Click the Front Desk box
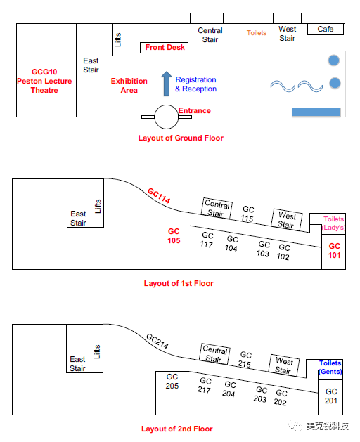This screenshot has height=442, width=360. [x=165, y=48]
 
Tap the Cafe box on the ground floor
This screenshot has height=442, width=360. [x=326, y=29]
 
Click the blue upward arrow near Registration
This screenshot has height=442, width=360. [x=167, y=84]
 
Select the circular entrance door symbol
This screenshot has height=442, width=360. [x=167, y=117]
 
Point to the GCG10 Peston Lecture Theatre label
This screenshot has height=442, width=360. [x=44, y=81]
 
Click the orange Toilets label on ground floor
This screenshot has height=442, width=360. [x=257, y=33]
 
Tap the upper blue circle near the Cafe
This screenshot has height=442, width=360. [x=334, y=60]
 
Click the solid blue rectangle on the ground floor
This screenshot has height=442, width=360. [x=316, y=112]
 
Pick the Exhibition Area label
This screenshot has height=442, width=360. [x=129, y=86]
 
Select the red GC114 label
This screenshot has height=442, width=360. [x=159, y=195]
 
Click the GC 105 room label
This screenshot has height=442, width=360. [x=174, y=236]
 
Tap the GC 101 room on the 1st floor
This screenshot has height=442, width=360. [x=334, y=252]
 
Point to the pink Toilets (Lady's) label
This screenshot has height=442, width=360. [x=334, y=223]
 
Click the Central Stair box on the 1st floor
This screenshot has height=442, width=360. [x=217, y=208]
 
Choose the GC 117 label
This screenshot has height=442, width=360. [x=207, y=240]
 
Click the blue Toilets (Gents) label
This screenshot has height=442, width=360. [x=330, y=368]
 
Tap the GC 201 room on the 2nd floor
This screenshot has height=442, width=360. [x=330, y=397]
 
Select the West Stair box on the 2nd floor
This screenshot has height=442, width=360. [x=284, y=365]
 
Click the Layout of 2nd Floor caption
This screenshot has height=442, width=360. [x=177, y=429]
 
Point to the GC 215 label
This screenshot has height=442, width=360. [x=245, y=359]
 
